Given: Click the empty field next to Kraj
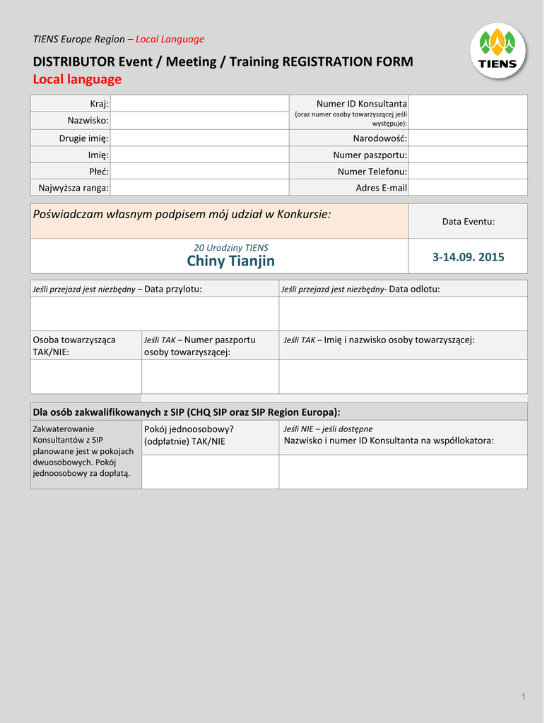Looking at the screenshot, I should click(200, 104).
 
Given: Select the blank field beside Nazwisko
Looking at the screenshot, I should click(200, 121).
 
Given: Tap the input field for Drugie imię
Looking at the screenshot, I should click(200, 138).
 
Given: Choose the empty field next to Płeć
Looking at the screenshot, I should click(200, 171).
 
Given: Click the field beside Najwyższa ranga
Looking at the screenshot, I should click(200, 187).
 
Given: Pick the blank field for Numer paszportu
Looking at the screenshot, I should click(468, 155).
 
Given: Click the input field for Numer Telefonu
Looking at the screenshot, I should click(468, 171).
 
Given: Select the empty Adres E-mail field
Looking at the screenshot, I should click(468, 187).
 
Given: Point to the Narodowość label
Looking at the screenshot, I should click(380, 138).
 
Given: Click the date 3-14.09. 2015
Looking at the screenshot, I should click(468, 257).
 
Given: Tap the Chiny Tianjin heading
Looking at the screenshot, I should click(231, 261).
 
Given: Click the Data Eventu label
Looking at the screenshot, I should click(468, 222).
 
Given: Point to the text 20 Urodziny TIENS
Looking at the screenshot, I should click(231, 248).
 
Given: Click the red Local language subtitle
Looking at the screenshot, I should click(78, 79).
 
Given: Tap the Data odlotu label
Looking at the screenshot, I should click(414, 289).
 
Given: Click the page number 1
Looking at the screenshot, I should click(524, 698).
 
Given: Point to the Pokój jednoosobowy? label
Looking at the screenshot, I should click(189, 429).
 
